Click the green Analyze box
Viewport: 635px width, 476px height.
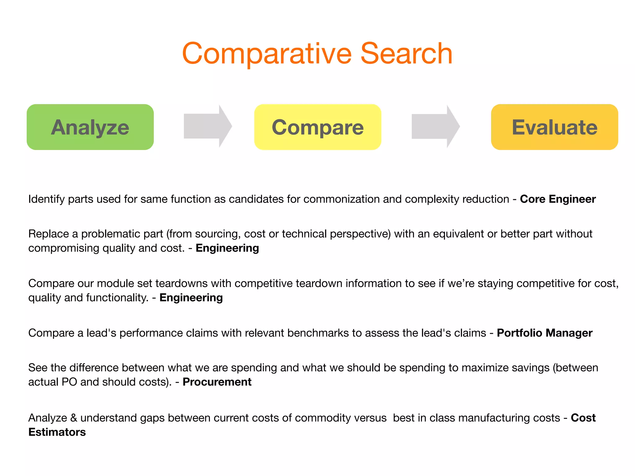tap(90, 127)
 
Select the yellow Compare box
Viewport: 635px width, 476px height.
tap(317, 127)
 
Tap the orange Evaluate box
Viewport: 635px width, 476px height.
tap(554, 127)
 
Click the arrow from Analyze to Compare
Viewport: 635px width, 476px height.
tap(207, 126)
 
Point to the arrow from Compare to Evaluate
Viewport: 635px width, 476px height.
tap(435, 126)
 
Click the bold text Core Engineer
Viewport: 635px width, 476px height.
tap(557, 199)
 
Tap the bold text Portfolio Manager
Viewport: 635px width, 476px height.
tap(544, 333)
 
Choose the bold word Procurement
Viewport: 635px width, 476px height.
tap(217, 382)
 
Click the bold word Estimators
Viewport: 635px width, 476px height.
tap(57, 432)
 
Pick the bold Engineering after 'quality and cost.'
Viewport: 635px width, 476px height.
tap(227, 248)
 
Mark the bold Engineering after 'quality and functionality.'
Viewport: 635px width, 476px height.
tap(191, 297)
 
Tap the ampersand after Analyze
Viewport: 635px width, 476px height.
tap(73, 418)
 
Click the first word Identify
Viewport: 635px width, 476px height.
tap(47, 199)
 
